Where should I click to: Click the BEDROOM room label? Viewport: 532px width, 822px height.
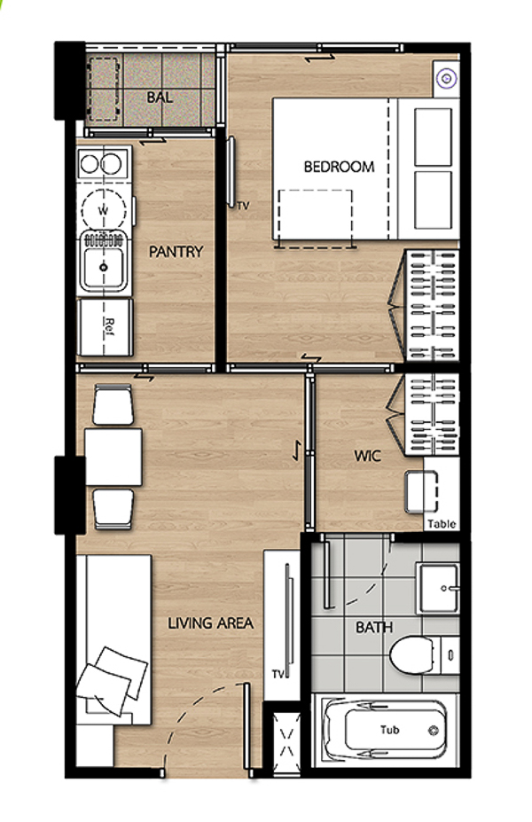[339, 167]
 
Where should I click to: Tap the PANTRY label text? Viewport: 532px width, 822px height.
[176, 252]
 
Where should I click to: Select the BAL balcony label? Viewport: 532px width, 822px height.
[160, 97]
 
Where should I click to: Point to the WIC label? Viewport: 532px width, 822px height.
[367, 456]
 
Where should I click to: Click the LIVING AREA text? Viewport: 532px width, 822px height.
[210, 622]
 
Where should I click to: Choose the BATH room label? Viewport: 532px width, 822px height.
[373, 627]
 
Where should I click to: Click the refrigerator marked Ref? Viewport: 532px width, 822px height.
[105, 327]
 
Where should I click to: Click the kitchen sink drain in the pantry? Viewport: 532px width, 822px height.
[104, 268]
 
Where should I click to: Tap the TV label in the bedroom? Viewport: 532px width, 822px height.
[243, 206]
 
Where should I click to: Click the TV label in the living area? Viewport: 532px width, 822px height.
[278, 674]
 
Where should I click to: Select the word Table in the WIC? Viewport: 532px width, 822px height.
[442, 523]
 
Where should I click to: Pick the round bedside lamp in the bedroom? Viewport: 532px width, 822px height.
[447, 79]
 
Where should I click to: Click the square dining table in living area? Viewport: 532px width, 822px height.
[113, 457]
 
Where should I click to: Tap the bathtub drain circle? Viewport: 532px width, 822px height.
[434, 731]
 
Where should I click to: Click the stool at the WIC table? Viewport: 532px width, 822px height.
[421, 492]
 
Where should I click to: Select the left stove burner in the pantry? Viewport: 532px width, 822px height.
[90, 164]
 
